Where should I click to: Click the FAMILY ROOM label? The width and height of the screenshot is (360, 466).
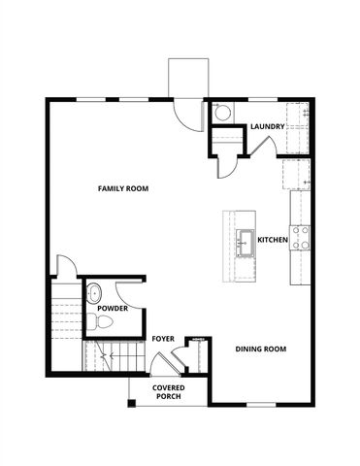pos(122,188)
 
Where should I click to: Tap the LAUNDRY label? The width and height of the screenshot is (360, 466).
pos(267,127)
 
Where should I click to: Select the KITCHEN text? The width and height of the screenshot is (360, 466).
pos(272,240)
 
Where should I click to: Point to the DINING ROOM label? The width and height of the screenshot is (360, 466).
pos(261,349)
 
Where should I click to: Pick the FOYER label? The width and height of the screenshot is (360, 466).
pos(162,339)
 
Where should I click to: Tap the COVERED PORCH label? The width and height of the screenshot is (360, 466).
pos(168,392)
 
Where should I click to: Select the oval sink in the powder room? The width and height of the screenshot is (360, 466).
pos(94,292)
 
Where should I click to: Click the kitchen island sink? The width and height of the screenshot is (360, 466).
pos(245,240)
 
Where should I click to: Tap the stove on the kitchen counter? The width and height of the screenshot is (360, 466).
pos(301,238)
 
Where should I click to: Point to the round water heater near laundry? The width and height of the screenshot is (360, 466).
pos(221,113)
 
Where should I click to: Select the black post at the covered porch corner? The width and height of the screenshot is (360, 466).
pos(132,402)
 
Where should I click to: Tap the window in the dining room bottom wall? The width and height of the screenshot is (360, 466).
pos(260,404)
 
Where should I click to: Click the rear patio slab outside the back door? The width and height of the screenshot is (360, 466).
pos(187,76)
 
